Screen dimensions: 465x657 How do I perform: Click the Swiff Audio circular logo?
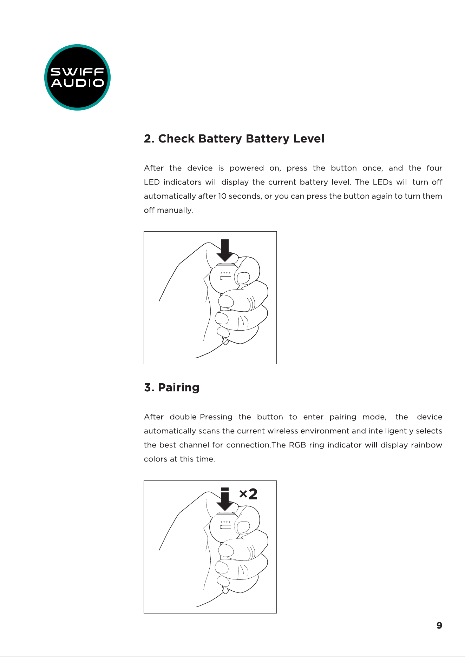[77, 77]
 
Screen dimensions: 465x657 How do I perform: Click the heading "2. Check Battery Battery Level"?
[234, 139]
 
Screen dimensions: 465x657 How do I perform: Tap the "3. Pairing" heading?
[172, 387]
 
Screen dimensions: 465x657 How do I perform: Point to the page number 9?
[439, 625]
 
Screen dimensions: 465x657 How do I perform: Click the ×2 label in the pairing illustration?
[248, 494]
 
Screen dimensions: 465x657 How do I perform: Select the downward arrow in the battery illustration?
[225, 250]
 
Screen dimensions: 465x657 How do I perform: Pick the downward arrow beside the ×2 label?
[225, 499]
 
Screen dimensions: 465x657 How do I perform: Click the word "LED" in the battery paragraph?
[152, 182]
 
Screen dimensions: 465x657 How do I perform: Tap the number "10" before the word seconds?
[222, 196]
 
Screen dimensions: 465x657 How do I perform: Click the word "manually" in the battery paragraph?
[175, 210]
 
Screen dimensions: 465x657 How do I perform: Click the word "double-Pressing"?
[201, 417]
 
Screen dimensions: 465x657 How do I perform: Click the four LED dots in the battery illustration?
[225, 273]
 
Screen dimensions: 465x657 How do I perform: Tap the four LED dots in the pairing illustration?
[225, 522]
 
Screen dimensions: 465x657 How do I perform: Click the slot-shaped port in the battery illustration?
[225, 278]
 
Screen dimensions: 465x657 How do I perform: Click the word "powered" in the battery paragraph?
[247, 168]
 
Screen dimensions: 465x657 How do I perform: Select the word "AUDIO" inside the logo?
[78, 83]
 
